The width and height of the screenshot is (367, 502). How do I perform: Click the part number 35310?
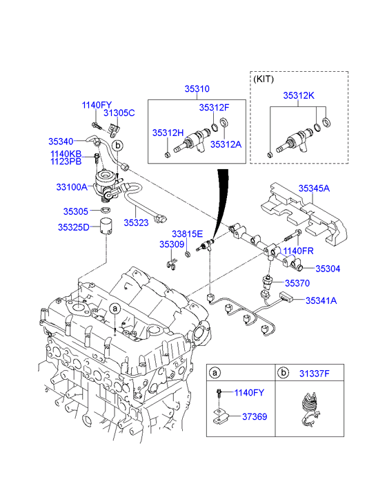point(197,89)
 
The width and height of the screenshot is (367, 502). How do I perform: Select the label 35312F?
point(214,108)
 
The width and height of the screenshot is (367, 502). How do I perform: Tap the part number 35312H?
point(167,132)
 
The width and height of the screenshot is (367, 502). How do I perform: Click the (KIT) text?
point(264,79)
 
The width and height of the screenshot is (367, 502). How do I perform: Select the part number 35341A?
point(321,300)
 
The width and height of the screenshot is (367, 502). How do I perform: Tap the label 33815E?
point(187,233)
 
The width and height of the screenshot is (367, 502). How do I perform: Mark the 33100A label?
point(71,186)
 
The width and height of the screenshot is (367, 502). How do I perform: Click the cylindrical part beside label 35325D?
point(106,227)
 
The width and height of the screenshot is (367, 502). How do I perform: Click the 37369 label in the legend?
point(255,417)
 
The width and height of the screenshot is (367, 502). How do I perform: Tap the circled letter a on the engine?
point(115,308)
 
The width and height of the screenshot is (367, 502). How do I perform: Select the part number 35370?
point(297,283)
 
